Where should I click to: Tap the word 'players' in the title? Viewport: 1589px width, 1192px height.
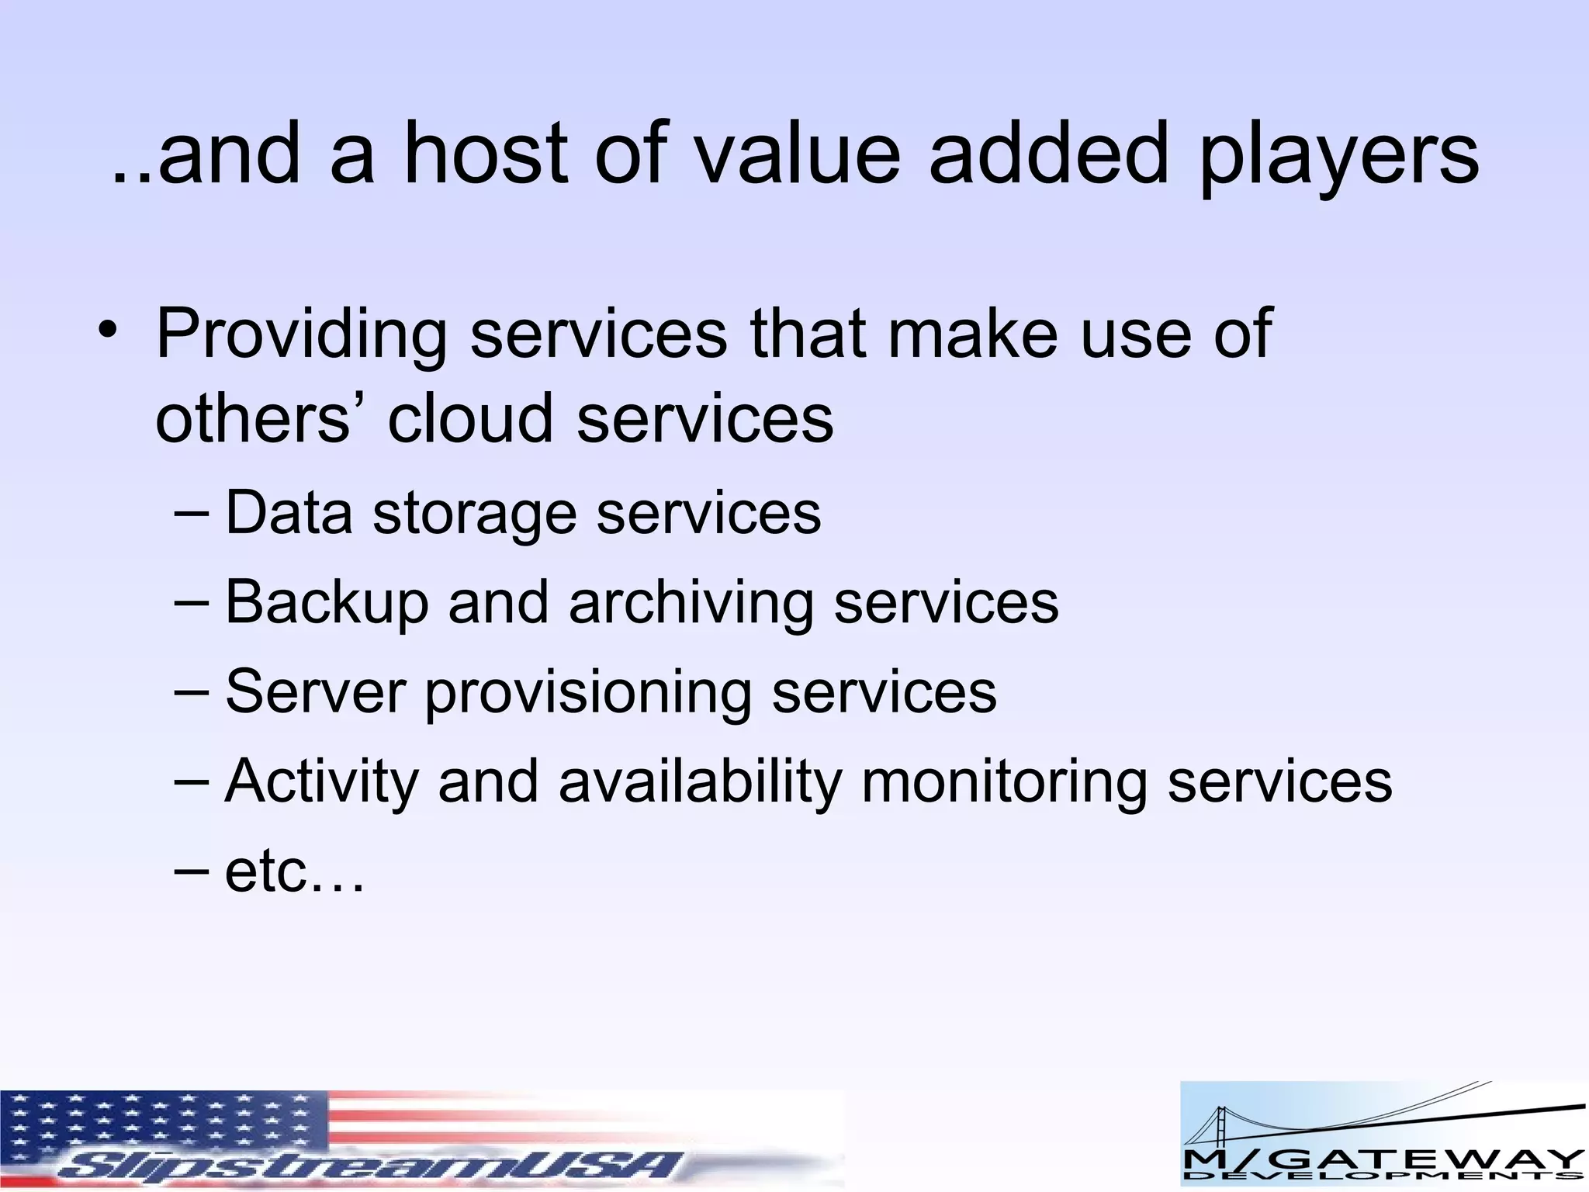[1338, 159]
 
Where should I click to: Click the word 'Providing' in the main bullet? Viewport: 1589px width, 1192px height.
[301, 335]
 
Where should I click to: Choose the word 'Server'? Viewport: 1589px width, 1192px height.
[315, 691]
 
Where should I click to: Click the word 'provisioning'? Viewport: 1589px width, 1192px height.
[587, 694]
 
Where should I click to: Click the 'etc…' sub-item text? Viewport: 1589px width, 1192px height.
[294, 872]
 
